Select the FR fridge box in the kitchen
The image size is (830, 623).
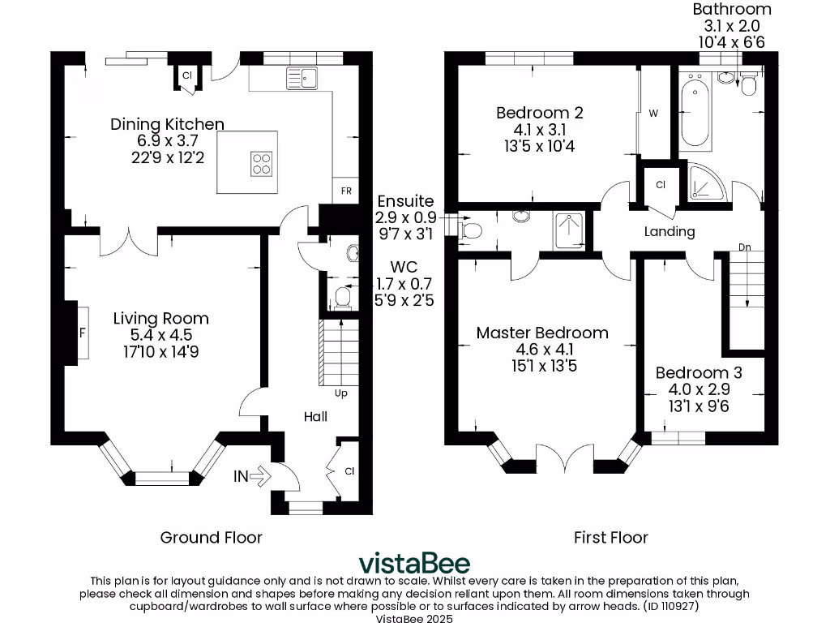(x=345, y=191)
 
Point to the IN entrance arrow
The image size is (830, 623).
(x=251, y=476)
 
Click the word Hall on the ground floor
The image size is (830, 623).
(x=315, y=416)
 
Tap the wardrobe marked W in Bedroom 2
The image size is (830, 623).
(x=653, y=114)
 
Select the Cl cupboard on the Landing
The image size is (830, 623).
(x=661, y=185)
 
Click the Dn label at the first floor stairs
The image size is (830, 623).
(x=743, y=247)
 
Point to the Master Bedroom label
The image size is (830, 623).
(x=542, y=333)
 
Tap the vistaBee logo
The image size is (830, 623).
(x=414, y=563)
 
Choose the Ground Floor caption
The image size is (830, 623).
(x=211, y=537)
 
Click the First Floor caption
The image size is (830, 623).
(x=610, y=537)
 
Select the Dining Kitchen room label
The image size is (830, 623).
(x=167, y=124)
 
